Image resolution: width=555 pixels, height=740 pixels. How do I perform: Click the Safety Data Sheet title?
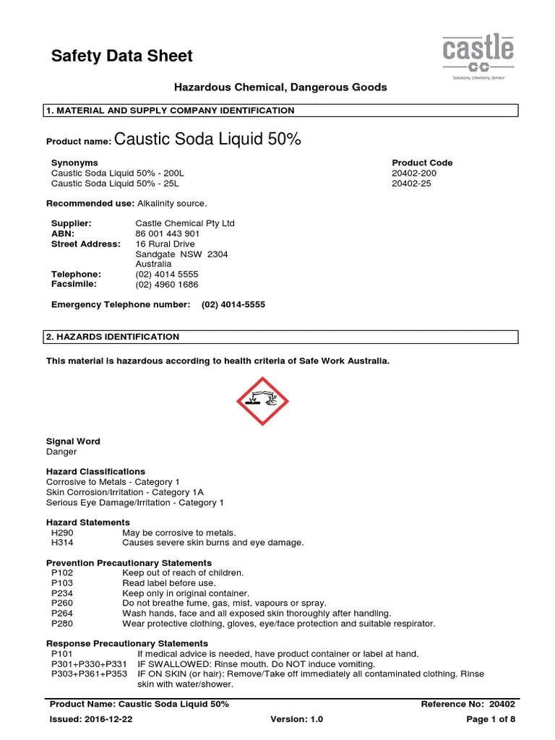click(x=122, y=56)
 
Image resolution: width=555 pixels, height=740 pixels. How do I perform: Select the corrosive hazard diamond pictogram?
click(x=262, y=400)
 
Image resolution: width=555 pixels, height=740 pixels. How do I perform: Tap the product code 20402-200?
click(x=413, y=173)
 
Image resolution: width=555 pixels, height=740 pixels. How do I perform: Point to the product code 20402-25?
click(x=411, y=184)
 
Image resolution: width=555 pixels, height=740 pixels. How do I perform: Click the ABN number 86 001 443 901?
click(x=168, y=234)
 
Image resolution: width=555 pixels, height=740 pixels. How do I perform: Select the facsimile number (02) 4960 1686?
click(x=167, y=285)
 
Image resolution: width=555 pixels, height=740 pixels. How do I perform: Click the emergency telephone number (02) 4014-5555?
click(x=233, y=305)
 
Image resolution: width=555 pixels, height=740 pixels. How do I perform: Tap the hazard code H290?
click(x=62, y=533)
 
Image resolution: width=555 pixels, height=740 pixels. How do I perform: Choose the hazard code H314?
click(x=62, y=543)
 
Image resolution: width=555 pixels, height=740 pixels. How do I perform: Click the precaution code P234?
click(x=62, y=593)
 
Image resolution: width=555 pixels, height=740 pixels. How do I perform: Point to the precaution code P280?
click(x=62, y=624)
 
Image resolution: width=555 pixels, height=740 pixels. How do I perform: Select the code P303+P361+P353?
click(x=89, y=674)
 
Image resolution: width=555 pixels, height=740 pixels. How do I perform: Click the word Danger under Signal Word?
click(x=61, y=452)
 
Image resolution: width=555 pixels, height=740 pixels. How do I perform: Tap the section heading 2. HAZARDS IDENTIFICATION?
click(x=113, y=337)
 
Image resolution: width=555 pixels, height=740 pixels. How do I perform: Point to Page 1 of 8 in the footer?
click(x=491, y=720)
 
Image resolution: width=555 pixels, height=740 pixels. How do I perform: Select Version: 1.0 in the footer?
click(x=296, y=720)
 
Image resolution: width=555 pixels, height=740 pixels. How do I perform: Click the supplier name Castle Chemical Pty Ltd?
click(x=185, y=224)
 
